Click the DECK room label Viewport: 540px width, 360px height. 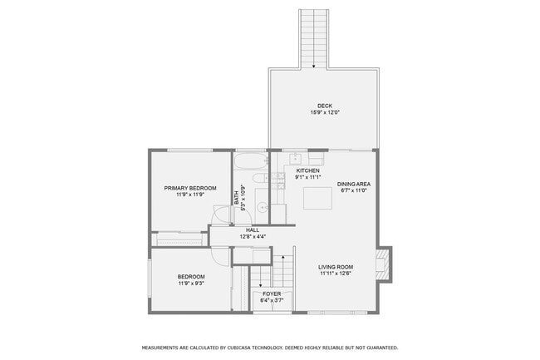point(325,106)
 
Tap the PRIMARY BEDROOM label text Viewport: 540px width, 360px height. point(190,188)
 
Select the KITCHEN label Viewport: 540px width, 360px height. point(307,170)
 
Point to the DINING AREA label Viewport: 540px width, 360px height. point(353,183)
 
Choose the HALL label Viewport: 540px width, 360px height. point(240,230)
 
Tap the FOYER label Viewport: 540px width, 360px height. point(272,293)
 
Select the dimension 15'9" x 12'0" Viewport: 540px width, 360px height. point(325,112)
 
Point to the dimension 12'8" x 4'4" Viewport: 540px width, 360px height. point(240,237)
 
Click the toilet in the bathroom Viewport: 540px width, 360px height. point(258,178)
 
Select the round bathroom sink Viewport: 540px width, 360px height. point(261,207)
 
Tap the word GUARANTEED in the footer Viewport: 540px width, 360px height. point(379,348)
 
